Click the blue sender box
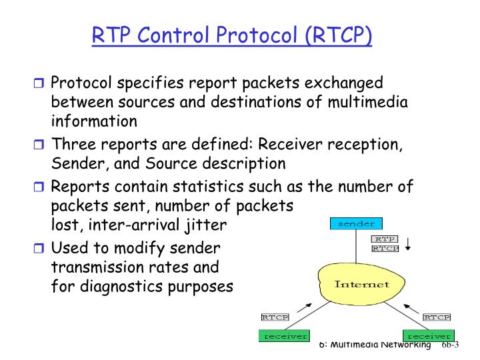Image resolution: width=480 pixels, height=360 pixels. coord(356,224)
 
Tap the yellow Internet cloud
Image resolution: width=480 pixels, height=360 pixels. coord(361,284)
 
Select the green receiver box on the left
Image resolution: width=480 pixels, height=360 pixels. coord(285,336)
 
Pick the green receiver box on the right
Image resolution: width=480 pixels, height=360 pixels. coord(428,336)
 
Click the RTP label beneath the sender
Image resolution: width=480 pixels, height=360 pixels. coord(385,239)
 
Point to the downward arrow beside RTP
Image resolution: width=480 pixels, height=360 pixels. coord(408,243)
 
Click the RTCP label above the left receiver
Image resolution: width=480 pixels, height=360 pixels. coord(274,317)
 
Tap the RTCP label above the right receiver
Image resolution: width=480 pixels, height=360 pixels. coord(437,317)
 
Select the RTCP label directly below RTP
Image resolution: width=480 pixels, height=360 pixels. coord(385,248)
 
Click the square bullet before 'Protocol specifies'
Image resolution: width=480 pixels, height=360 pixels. coord(38,84)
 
